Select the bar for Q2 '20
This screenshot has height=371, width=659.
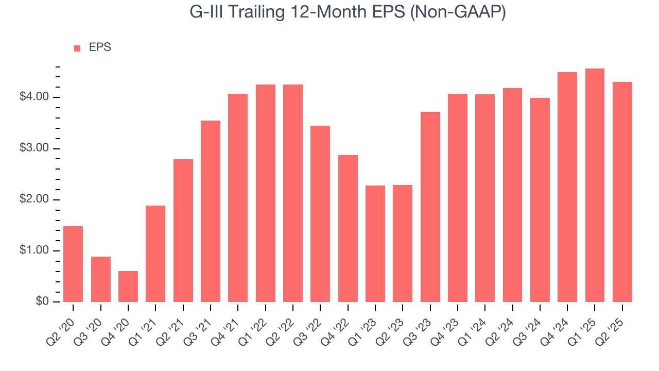73,264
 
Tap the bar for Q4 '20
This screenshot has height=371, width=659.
128,286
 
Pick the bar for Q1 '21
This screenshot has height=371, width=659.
155,254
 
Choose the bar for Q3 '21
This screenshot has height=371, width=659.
211,211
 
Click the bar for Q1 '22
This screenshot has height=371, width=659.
266,193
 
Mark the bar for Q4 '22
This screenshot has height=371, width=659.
348,228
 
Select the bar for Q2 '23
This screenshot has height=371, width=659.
403,243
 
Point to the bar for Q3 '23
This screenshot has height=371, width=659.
430,207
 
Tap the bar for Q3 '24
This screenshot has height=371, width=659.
540,200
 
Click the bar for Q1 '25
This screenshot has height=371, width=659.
595,185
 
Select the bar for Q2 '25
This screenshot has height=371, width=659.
622,192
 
